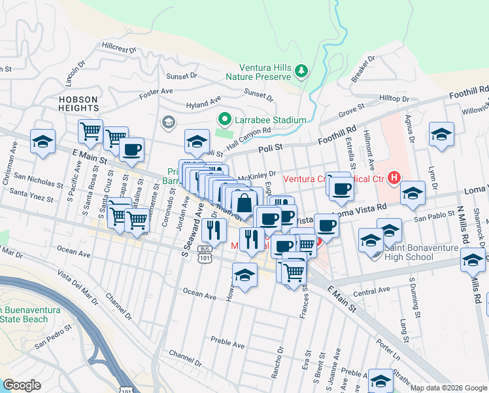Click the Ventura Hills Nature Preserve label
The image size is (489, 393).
(265, 72)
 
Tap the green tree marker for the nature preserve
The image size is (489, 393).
(301, 69)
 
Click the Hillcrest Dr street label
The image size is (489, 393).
(118, 48)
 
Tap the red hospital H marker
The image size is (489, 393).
(394, 177)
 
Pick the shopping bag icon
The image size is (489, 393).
(244, 202)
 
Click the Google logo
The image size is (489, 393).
(22, 385)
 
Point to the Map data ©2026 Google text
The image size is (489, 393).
(448, 388)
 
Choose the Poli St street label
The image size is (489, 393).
(270, 148)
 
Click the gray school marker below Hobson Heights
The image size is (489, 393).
(168, 122)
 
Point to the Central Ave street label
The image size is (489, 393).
(376, 291)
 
